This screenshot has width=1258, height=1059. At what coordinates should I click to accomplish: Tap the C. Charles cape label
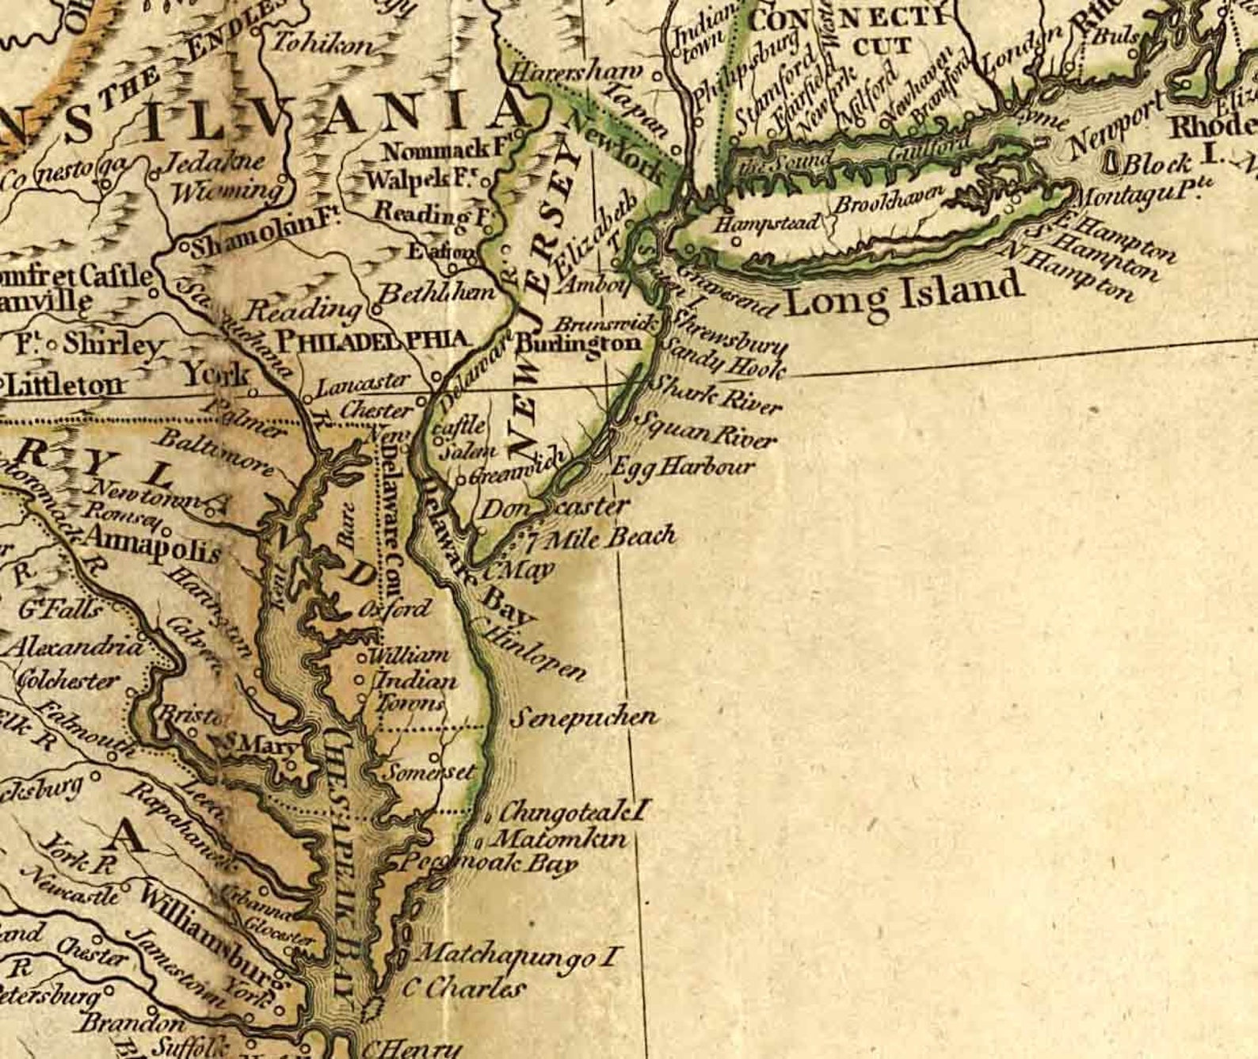463,988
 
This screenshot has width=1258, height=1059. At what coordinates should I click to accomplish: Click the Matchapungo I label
516,954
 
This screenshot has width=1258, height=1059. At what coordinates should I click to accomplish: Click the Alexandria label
75,647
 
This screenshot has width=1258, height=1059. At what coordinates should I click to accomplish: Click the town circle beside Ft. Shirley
52,346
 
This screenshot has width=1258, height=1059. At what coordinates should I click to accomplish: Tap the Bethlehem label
436,294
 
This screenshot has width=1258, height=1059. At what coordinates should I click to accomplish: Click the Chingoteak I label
574,811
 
